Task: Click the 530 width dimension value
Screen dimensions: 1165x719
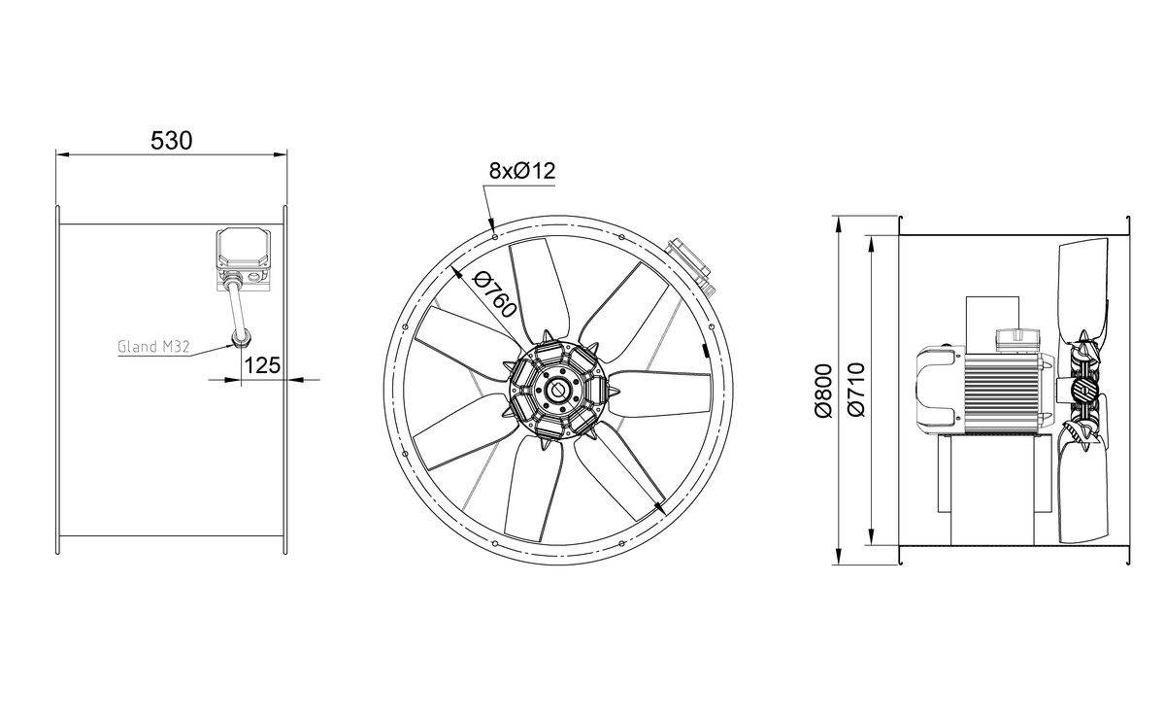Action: tap(171, 141)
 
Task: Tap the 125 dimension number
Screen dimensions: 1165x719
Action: tap(261, 365)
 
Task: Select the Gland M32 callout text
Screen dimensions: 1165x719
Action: tap(153, 347)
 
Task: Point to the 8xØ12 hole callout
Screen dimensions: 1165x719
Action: tap(522, 170)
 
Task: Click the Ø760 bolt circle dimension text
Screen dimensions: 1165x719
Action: tap(494, 295)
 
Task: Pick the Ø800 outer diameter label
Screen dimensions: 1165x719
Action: tap(824, 391)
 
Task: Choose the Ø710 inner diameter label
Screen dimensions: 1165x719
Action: tap(856, 390)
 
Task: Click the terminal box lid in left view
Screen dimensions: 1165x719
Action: tap(244, 249)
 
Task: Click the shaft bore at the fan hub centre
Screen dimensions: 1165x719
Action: tap(557, 391)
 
